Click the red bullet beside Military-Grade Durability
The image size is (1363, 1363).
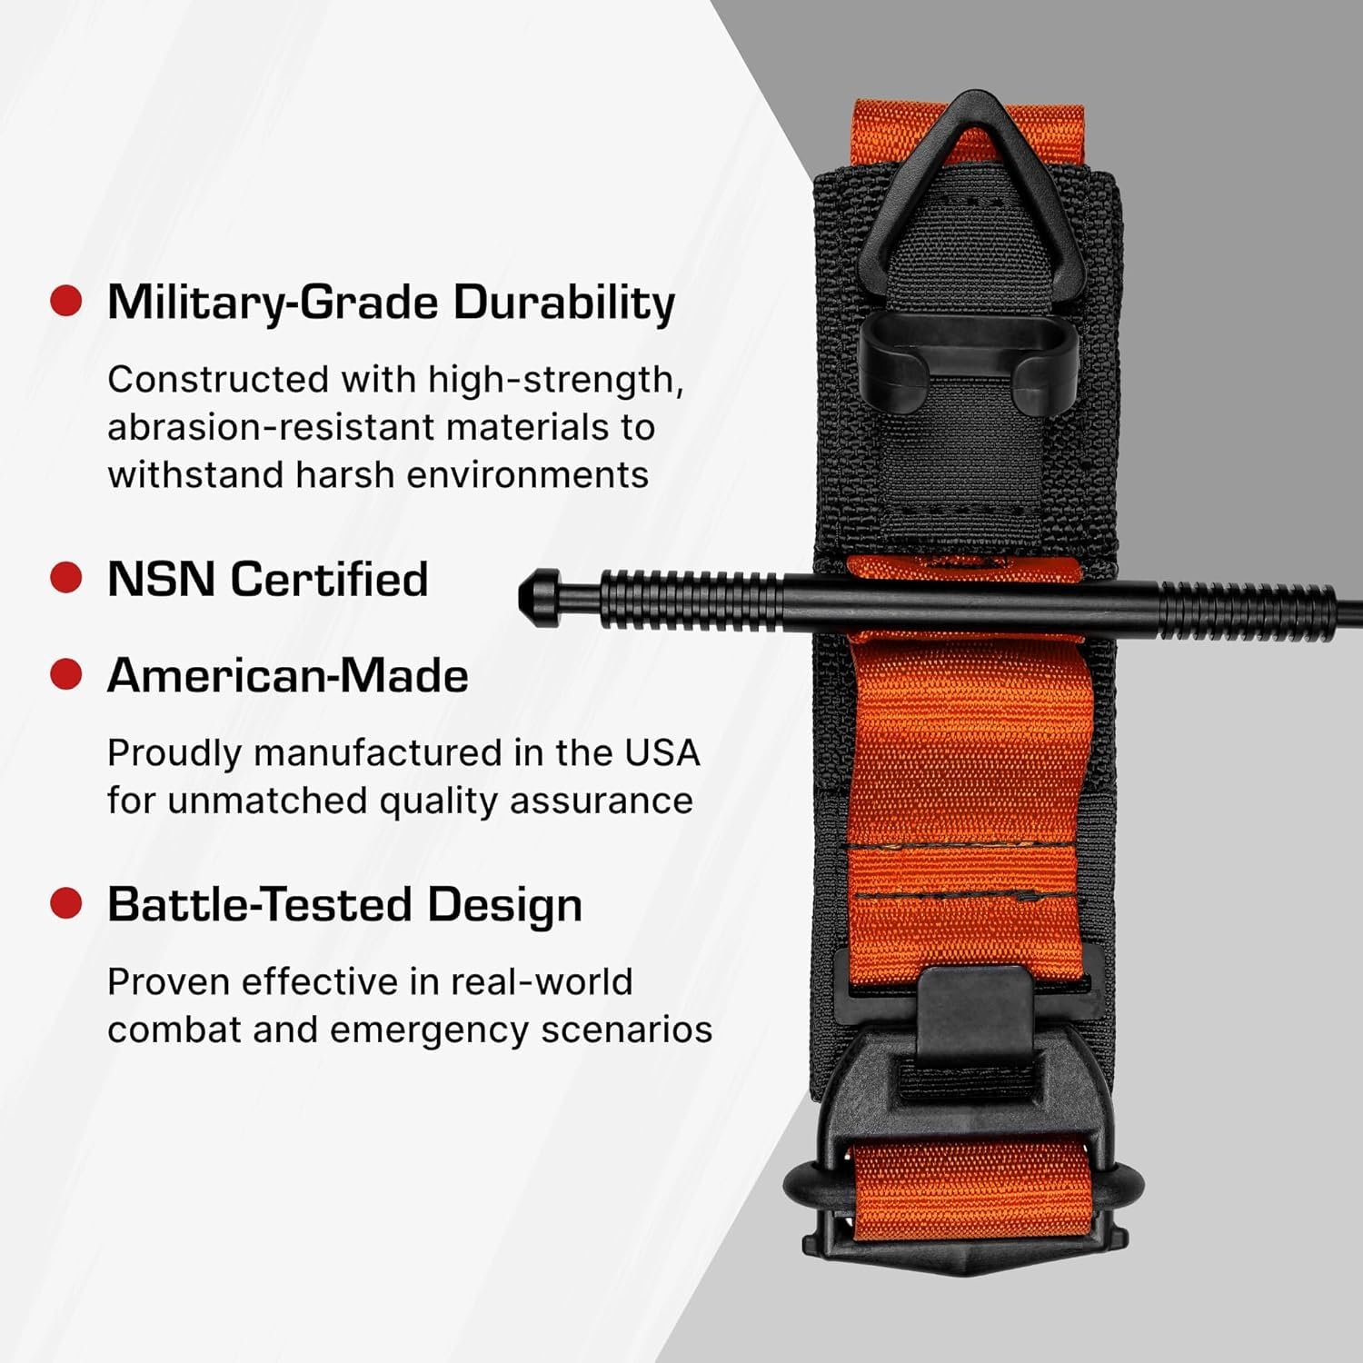[x=65, y=301]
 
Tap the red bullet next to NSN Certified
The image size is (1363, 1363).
[x=65, y=578]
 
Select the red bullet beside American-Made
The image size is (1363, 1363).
[x=65, y=674]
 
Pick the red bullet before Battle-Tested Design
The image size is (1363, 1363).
[x=65, y=903]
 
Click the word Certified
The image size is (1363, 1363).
[x=329, y=579]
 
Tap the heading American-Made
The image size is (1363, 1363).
[x=287, y=676]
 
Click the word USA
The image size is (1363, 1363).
[x=662, y=753]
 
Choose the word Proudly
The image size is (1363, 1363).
[x=174, y=754]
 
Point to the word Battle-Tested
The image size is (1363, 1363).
[x=260, y=905]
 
